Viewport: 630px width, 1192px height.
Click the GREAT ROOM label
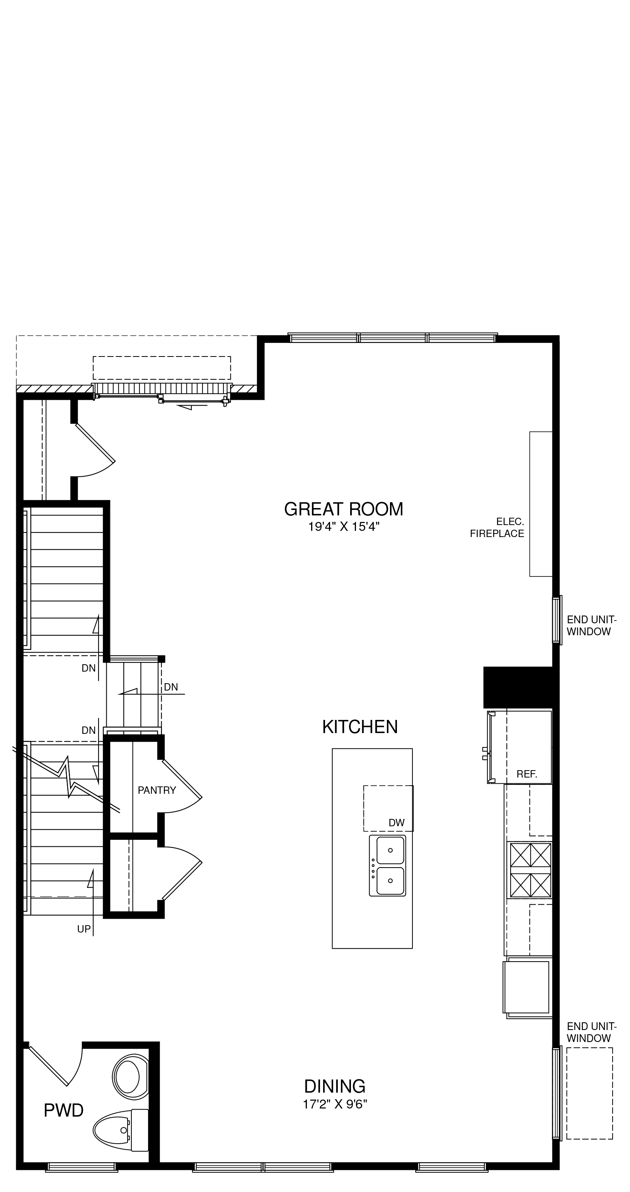[343, 509]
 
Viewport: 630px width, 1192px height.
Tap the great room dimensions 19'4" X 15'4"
[344, 527]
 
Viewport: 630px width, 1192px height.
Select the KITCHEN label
[360, 727]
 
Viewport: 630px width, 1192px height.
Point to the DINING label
[334, 1086]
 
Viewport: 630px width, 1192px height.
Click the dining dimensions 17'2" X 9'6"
[335, 1105]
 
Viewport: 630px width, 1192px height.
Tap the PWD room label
[63, 1110]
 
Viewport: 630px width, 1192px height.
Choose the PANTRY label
[157, 790]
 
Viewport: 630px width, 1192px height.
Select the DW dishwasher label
[397, 823]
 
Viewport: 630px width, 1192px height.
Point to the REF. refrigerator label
[527, 774]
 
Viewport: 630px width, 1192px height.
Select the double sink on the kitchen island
[388, 865]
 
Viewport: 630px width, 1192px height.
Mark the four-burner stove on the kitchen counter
[530, 870]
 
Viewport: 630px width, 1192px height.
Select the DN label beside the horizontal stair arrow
[171, 687]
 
